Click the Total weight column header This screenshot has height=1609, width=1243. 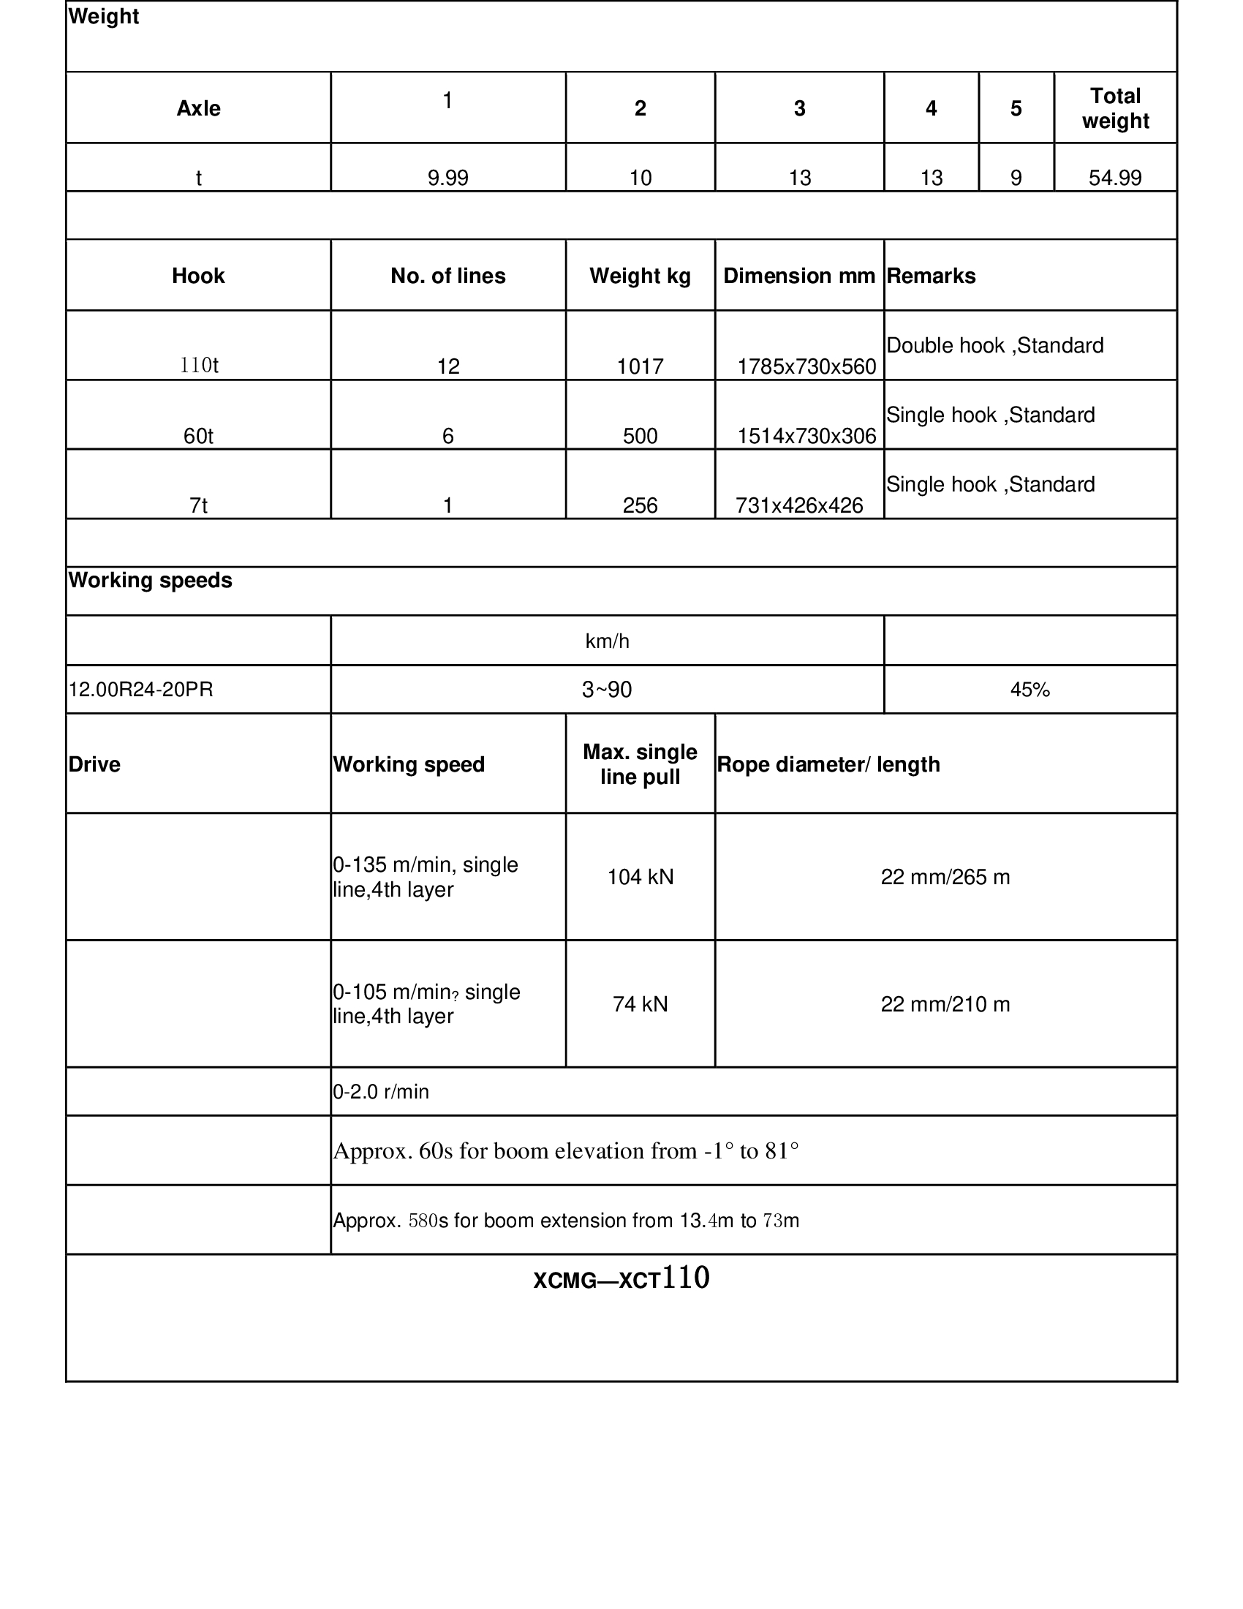click(x=1115, y=108)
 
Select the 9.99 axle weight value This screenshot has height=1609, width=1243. click(x=447, y=178)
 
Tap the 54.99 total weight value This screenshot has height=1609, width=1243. click(x=1115, y=178)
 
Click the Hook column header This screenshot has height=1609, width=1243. click(x=198, y=276)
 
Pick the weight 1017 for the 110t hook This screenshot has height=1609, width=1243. click(x=640, y=366)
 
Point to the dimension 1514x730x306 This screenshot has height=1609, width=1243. click(x=806, y=436)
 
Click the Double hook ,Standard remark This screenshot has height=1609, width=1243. click(x=995, y=345)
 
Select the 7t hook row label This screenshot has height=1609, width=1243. click(x=198, y=505)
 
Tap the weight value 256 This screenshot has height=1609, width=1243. click(x=640, y=505)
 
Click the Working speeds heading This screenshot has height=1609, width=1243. click(x=150, y=581)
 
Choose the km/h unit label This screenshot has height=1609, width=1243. click(x=607, y=641)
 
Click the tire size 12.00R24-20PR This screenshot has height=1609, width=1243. click(x=140, y=690)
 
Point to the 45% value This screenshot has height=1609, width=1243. click(x=1029, y=690)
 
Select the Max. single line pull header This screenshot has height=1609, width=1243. click(x=640, y=764)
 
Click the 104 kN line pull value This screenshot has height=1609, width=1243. click(x=640, y=877)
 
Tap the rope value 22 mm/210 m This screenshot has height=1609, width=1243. click(x=945, y=1004)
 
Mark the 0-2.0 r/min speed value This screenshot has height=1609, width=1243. click(x=381, y=1092)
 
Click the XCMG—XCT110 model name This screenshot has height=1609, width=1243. click(x=621, y=1279)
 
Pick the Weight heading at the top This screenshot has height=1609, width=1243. click(x=104, y=16)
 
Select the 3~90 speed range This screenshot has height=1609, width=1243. click(x=607, y=690)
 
